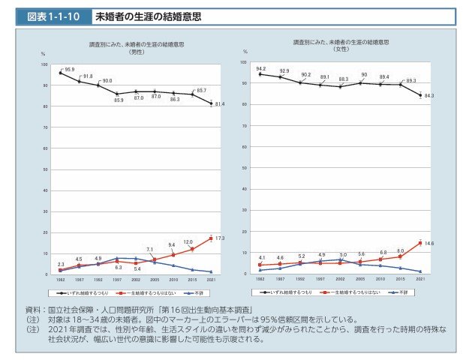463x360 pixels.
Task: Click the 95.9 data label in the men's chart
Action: tap(70, 69)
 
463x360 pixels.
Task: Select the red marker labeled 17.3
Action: tap(211, 238)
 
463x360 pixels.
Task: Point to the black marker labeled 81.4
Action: tap(211, 103)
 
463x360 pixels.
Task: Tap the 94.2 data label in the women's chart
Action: tap(261, 67)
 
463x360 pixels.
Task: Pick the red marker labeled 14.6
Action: tap(419, 243)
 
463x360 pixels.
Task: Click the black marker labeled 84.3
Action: tap(419, 95)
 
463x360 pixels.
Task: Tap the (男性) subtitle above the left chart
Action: tap(136, 50)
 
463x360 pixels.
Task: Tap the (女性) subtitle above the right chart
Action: tap(341, 47)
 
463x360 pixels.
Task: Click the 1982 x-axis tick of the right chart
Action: tap(260, 278)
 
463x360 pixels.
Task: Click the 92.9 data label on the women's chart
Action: tap(284, 70)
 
